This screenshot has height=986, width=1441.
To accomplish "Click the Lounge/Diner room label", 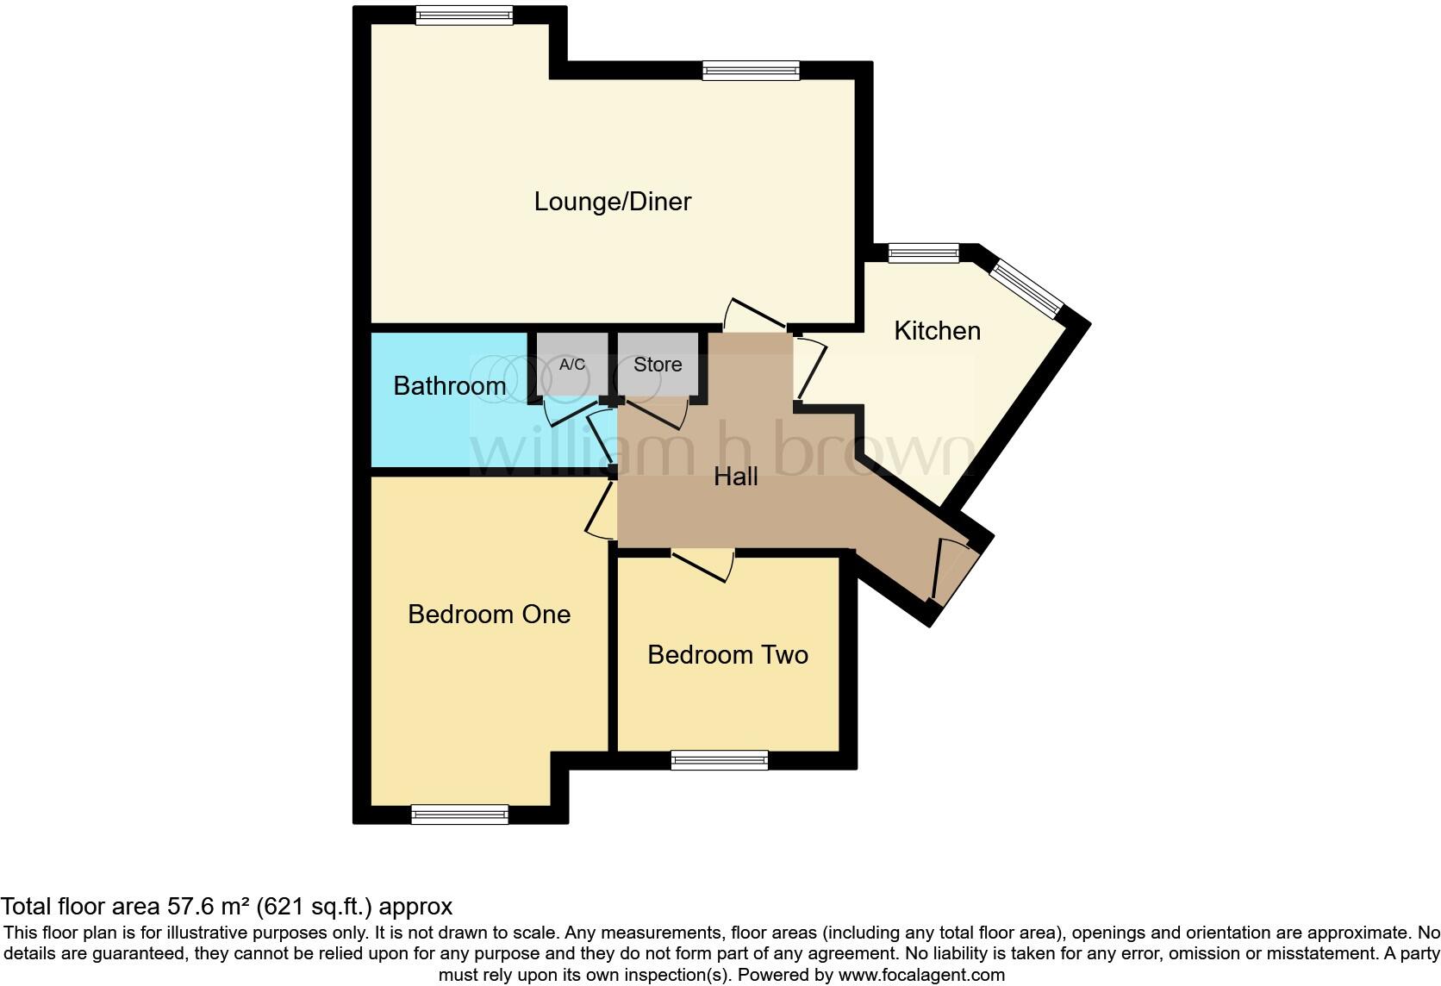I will pyautogui.click(x=612, y=202).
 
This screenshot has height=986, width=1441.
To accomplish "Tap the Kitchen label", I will pyautogui.click(x=937, y=331).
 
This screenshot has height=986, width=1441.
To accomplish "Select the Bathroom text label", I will pyautogui.click(x=449, y=386).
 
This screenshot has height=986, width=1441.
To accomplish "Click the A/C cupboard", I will pyautogui.click(x=571, y=365).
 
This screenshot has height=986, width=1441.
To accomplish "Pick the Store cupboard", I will pyautogui.click(x=658, y=365).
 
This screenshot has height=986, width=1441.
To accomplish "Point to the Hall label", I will pyautogui.click(x=735, y=477).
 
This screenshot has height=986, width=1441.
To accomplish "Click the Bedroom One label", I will pyautogui.click(x=489, y=615).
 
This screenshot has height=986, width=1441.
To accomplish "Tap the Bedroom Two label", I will pyautogui.click(x=727, y=655).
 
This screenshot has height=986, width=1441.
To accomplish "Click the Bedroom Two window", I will pyautogui.click(x=720, y=760).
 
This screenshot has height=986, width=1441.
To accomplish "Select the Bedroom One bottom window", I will pyautogui.click(x=459, y=814).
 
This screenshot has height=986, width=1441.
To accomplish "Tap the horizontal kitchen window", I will pyautogui.click(x=923, y=253).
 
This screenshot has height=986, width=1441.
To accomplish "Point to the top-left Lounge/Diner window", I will pyautogui.click(x=464, y=16).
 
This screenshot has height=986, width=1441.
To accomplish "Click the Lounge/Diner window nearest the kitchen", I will pyautogui.click(x=751, y=71).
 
